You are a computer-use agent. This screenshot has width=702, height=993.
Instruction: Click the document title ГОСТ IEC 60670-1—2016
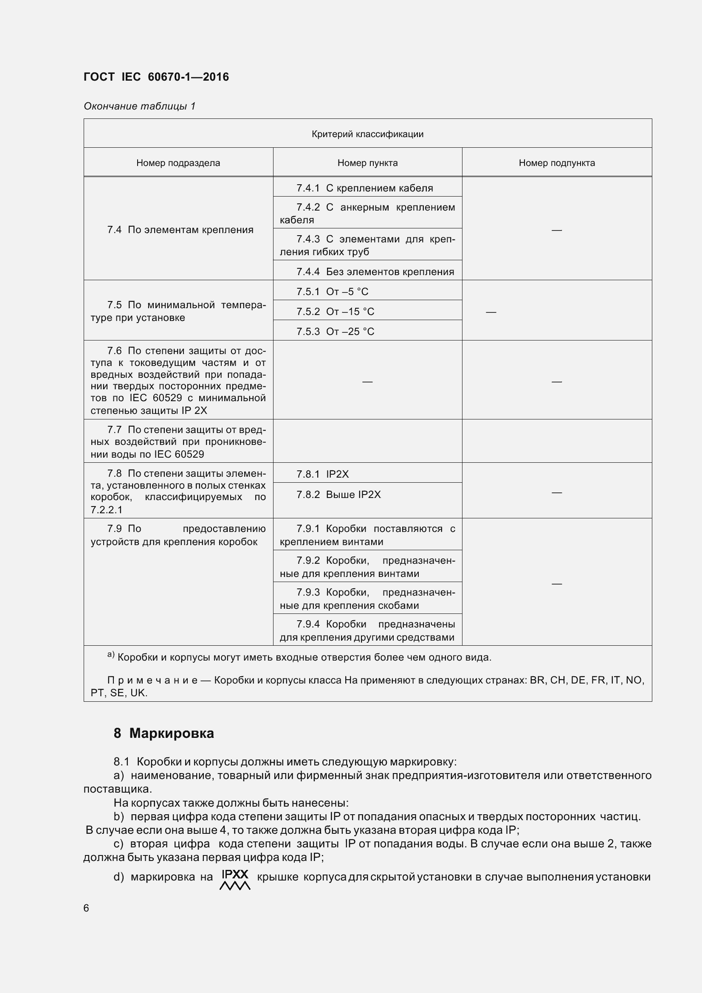coord(156,77)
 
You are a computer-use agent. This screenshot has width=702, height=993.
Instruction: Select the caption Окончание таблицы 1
coord(140,106)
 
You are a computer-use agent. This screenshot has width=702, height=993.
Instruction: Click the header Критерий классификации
coord(367,134)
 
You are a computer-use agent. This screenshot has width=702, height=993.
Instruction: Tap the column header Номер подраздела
coord(178,163)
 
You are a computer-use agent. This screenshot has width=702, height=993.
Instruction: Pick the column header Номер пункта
coord(367,163)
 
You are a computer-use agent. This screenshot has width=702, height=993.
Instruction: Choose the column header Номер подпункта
coord(557,163)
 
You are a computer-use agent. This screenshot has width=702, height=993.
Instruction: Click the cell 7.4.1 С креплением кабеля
coord(365,188)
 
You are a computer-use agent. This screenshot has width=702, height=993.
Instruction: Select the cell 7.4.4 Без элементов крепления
coord(375,272)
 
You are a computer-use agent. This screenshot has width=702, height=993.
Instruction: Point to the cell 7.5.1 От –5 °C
coord(332,292)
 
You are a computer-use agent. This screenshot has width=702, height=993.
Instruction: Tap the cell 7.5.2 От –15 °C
coord(335,311)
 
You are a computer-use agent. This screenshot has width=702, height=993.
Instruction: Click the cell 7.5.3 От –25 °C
coord(335,331)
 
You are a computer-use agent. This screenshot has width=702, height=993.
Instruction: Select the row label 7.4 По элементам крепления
coord(180,230)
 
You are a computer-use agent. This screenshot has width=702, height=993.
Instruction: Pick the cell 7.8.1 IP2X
coord(322,474)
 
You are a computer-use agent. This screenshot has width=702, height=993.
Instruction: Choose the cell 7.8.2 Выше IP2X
coord(338,494)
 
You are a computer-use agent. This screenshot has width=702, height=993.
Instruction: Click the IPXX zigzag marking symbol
coord(235,879)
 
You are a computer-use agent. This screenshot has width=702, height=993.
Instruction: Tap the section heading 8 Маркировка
coord(164,733)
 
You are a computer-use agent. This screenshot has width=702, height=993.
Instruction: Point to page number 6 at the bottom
coord(86,908)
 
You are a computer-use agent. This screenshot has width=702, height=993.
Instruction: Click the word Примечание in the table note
coord(152,680)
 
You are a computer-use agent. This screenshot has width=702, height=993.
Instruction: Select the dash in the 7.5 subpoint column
coord(491,312)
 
